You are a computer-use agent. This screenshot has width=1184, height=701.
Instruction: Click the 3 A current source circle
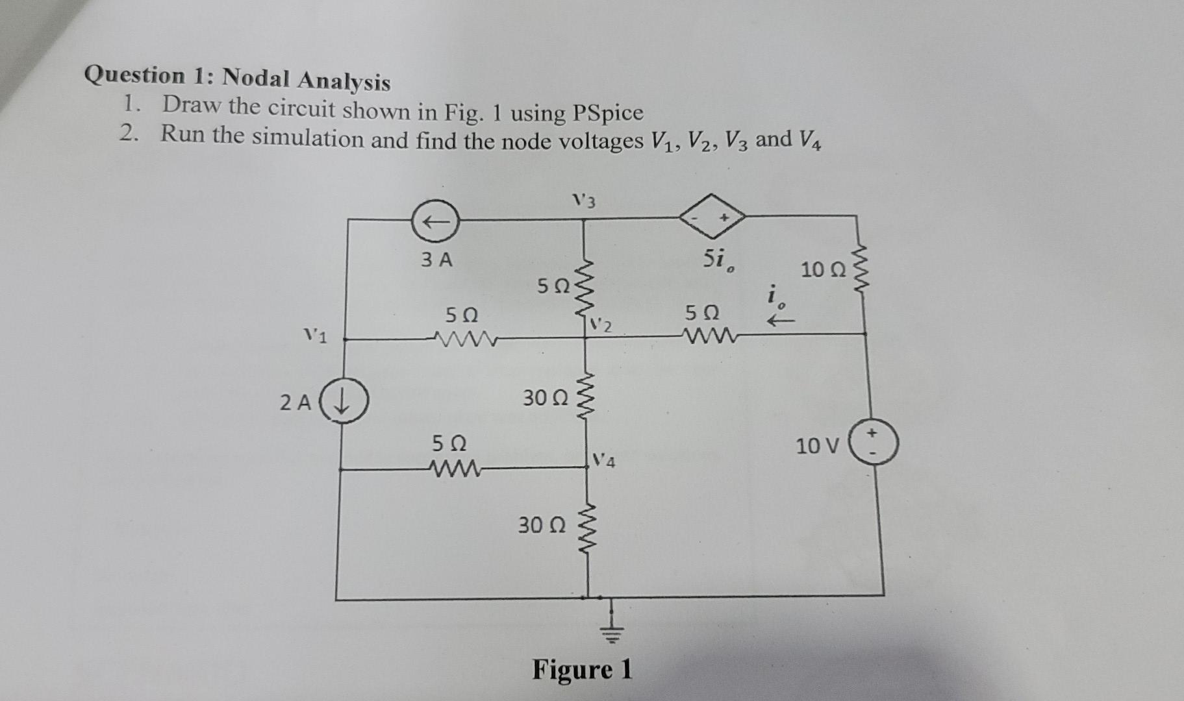(436, 221)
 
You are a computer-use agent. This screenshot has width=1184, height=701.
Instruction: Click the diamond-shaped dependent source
(711, 215)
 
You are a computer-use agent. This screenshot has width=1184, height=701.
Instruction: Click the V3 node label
(584, 201)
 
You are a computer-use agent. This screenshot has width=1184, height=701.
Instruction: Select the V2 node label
(601, 325)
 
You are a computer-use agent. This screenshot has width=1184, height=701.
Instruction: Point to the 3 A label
(436, 260)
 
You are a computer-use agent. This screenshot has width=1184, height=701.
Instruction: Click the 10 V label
(817, 446)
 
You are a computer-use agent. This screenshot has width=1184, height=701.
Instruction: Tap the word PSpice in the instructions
(608, 114)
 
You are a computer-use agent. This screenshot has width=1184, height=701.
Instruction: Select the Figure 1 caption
(582, 670)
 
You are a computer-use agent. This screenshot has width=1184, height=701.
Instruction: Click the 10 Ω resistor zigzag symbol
(863, 267)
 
